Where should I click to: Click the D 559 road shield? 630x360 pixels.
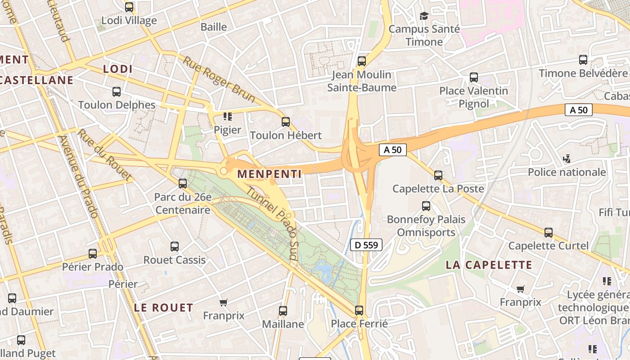366,245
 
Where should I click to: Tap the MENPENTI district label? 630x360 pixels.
269,174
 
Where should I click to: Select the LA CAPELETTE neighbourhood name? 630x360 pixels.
489,265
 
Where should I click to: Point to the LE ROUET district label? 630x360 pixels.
163,308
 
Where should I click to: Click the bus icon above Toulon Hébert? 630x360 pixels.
285,121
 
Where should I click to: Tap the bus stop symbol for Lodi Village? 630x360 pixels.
129,7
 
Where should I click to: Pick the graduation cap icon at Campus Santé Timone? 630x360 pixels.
424,16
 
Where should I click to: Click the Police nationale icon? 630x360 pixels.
567,158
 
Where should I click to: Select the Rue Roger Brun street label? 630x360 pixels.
219,79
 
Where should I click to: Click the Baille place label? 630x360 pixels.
214,27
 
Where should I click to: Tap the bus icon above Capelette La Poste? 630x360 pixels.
438,175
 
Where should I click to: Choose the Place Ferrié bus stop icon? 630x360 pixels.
359,310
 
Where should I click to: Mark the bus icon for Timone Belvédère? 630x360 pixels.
583,59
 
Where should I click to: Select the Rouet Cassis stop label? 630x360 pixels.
174,260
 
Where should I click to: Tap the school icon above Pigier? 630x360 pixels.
228,117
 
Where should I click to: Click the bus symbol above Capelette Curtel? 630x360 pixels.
548,232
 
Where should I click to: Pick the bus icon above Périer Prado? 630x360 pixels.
92,253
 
